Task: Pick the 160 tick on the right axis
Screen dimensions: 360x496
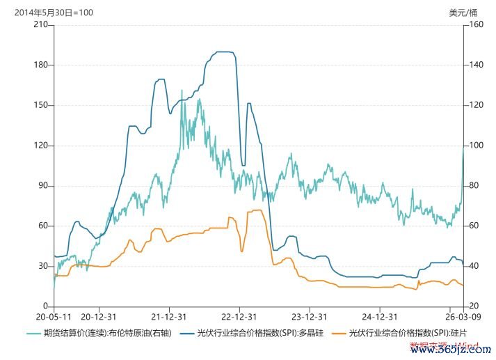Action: (x=474, y=25)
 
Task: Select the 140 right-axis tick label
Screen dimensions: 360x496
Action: (x=474, y=65)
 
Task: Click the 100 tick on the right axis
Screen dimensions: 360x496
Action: (x=474, y=146)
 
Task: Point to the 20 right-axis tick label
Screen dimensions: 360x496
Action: (x=472, y=306)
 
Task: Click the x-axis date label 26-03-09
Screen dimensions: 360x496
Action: (x=462, y=315)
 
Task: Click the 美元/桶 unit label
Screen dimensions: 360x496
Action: (x=463, y=12)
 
